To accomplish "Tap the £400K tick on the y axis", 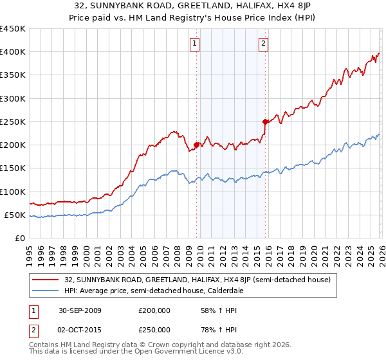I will pos(13,52).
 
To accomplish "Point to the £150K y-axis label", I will pos(13,168).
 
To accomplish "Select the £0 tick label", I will pos(19,238).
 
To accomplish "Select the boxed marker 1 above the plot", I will pos(194,44).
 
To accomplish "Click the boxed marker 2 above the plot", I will pos(264,44).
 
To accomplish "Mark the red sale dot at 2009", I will pos(196,145).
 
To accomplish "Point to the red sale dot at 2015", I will pos(264,122).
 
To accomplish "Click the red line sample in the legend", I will pos(46,280).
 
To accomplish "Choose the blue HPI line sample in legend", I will pos(46,291).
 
